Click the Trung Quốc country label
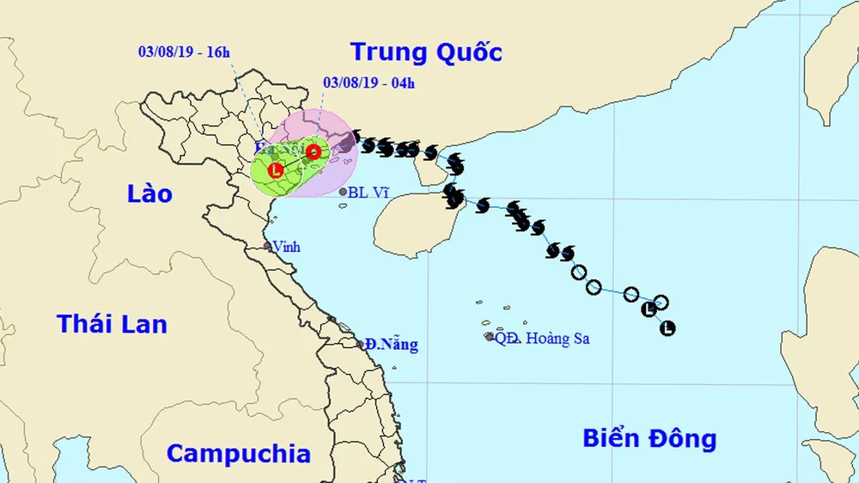(427, 52)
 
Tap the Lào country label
(149, 193)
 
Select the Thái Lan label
(112, 324)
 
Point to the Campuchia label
(238, 453)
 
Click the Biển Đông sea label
(649, 439)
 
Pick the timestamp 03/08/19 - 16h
(184, 52)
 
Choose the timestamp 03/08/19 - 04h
(369, 83)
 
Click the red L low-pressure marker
(276, 170)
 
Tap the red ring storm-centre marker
(314, 152)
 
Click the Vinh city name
(286, 247)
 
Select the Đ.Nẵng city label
(392, 345)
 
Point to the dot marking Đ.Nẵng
(361, 344)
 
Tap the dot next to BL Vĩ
(343, 192)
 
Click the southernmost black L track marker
(667, 327)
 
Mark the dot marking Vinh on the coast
(267, 246)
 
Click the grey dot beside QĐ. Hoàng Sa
(489, 336)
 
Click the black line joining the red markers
(295, 162)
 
